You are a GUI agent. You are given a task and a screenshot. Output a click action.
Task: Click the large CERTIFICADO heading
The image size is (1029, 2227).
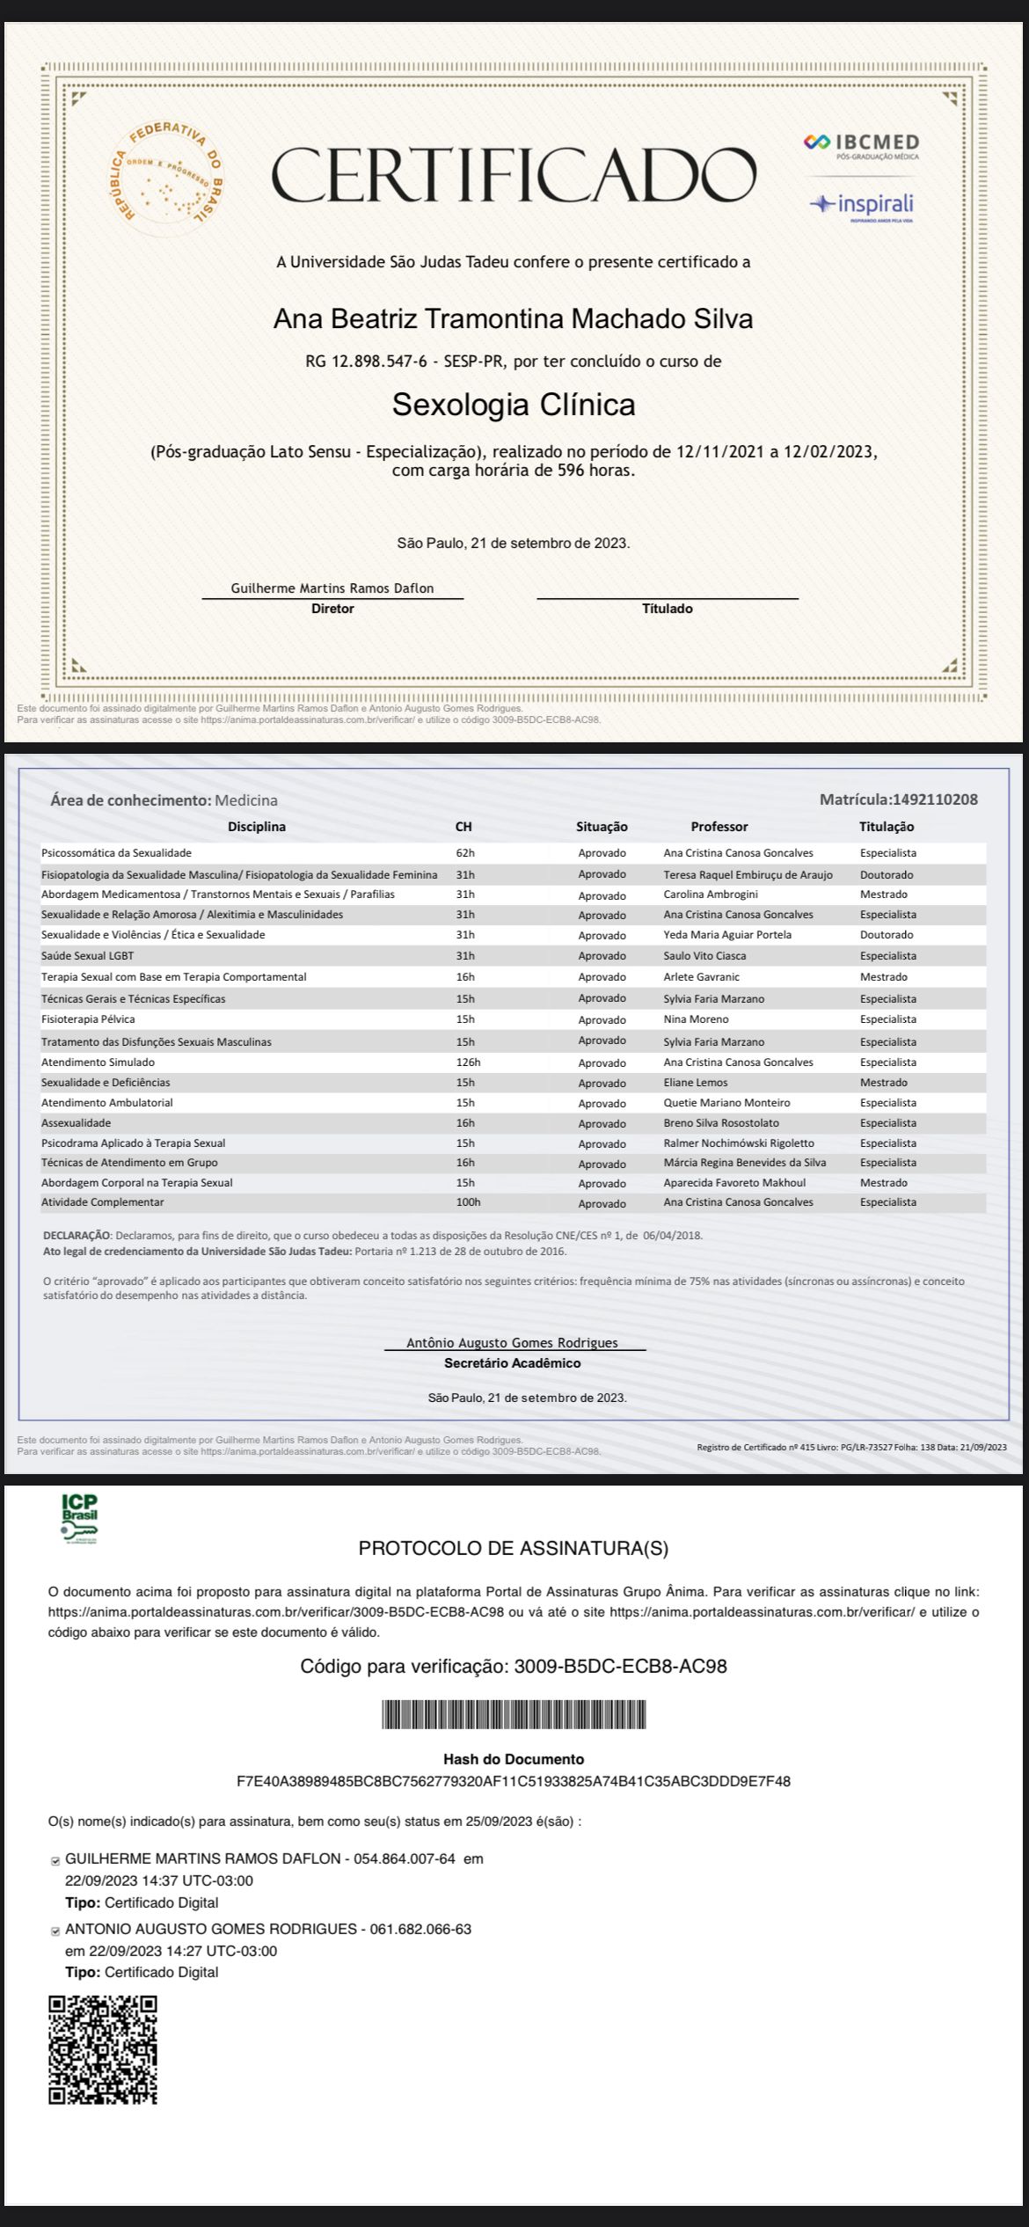point(514,175)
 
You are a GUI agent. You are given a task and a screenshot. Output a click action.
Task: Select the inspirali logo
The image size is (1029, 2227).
point(862,206)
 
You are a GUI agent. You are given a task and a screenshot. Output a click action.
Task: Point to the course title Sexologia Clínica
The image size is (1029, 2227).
point(514,405)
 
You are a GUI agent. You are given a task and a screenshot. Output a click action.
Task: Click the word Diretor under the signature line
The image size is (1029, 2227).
point(332,609)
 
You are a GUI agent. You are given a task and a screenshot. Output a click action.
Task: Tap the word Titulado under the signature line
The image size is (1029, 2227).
point(667,609)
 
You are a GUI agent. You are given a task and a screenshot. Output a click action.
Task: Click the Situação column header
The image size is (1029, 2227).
point(602,827)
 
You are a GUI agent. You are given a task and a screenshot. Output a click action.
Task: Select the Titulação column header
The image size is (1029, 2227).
point(886,827)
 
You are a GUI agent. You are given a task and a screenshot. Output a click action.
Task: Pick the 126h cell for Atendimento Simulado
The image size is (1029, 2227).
point(468,1062)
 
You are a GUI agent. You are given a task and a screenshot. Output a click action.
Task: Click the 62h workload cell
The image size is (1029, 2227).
point(465,853)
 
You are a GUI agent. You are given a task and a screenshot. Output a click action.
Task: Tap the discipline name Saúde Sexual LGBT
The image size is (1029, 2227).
point(87,956)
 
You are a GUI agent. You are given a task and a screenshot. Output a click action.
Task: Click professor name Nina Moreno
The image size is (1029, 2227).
point(696,1019)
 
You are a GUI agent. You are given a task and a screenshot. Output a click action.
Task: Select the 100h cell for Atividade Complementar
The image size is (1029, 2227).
point(468,1202)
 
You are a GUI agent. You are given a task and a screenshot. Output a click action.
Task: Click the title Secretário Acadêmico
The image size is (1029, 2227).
point(512,1363)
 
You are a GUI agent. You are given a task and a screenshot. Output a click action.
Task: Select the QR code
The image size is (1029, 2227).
point(103,2050)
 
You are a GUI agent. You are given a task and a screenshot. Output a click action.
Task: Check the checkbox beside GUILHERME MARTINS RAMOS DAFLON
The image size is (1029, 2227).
point(56,1860)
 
